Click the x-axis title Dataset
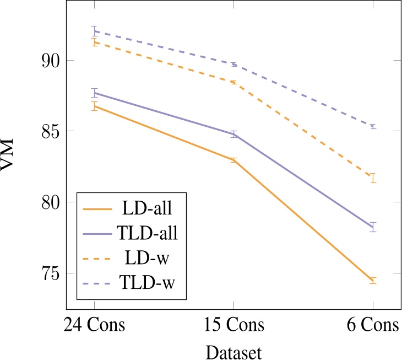point(233,351)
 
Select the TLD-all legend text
point(147,234)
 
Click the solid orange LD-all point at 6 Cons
point(373,281)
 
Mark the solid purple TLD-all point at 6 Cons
point(373,227)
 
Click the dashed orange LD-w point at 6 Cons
point(373,178)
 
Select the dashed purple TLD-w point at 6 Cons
point(373,126)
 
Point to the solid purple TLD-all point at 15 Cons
point(233,134)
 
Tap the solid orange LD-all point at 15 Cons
point(233,160)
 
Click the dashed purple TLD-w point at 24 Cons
point(94,31)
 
